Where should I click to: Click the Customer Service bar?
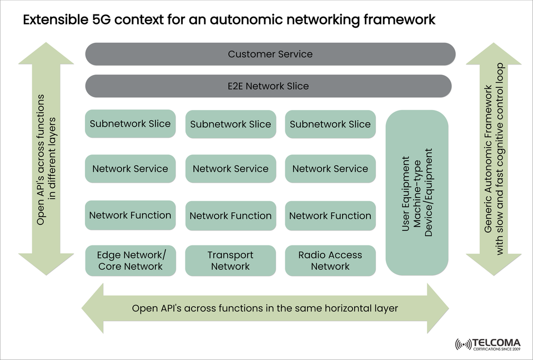[x=270, y=54]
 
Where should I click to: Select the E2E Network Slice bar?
[x=268, y=86]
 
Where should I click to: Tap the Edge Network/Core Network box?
[x=130, y=261]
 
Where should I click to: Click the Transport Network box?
[x=230, y=261]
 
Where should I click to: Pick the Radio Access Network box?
[x=330, y=261]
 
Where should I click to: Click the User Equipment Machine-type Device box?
[x=416, y=192]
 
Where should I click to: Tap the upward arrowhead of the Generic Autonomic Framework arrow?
[x=494, y=56]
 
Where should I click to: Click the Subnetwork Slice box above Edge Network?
[x=130, y=124]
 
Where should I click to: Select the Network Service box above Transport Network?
[x=230, y=169]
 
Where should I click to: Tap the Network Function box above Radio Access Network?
[x=330, y=216]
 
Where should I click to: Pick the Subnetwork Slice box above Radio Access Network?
[x=330, y=124]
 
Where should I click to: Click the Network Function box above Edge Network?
[x=130, y=216]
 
